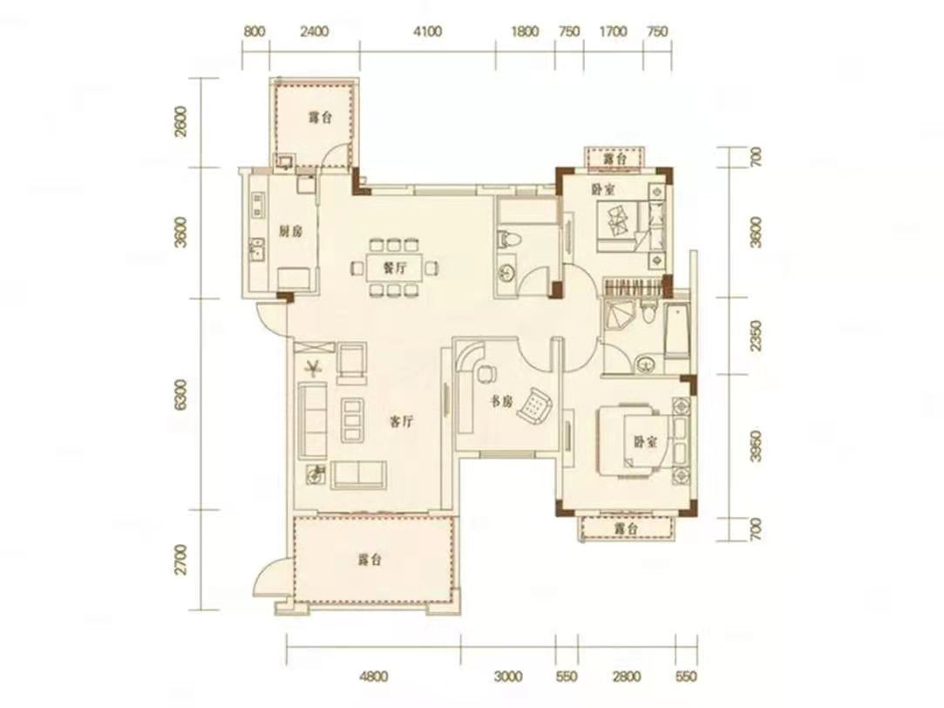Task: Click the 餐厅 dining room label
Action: (393, 268)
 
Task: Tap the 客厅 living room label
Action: (400, 421)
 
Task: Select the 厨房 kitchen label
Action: (290, 231)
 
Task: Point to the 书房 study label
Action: (499, 402)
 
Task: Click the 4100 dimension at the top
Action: (427, 31)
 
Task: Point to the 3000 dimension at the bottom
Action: (507, 677)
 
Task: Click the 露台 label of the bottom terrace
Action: (370, 560)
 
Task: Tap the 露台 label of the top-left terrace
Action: (320, 118)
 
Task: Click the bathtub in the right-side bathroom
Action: (676, 331)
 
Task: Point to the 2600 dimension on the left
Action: (180, 122)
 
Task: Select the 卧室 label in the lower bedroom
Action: (645, 442)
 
